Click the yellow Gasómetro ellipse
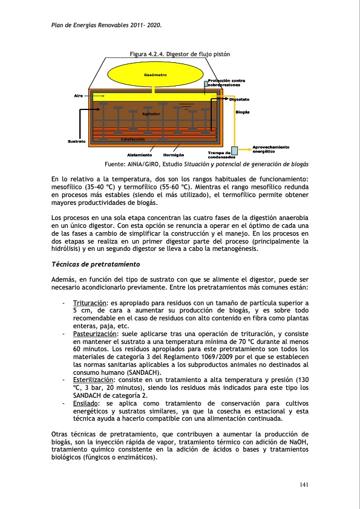(x=155, y=75)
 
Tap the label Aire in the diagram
(x=78, y=96)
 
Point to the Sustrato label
(x=76, y=141)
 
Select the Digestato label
(x=240, y=99)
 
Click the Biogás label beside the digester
(x=243, y=112)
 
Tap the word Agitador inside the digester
(x=151, y=114)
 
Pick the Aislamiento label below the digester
(x=139, y=155)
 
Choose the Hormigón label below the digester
(x=174, y=155)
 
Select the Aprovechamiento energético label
(x=270, y=149)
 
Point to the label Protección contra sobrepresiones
(x=226, y=83)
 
